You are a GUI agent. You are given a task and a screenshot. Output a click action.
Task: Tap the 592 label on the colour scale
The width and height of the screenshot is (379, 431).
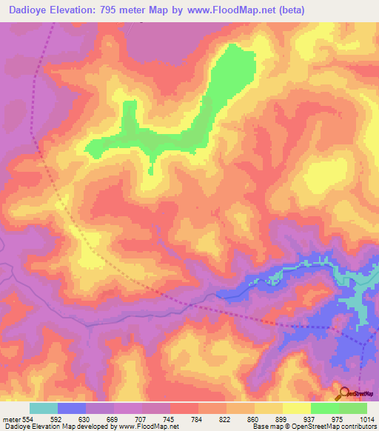pos(58,418)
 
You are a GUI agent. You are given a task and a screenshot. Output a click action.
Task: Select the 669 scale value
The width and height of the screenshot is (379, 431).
pos(114,418)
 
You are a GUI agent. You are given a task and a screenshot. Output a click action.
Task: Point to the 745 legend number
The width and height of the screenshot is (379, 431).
pos(170,418)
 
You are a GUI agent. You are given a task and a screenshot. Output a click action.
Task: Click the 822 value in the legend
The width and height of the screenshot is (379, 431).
pos(227,418)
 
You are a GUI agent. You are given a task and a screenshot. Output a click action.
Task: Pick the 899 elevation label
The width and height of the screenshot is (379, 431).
pos(283,418)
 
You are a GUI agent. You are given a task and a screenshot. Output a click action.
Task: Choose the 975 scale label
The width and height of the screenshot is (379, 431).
pos(339,418)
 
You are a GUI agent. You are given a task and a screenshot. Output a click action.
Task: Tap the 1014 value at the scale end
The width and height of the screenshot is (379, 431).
pos(366,418)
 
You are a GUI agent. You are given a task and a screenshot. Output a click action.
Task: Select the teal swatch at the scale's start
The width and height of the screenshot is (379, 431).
pos(44,408)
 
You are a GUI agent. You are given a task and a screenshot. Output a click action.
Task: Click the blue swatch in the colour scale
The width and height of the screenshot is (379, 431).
pos(72,408)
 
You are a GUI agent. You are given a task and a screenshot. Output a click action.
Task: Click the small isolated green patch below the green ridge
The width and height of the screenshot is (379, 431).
pos(150,171)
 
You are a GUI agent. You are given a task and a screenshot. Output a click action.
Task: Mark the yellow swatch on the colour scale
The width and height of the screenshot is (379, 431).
pos(297,408)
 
